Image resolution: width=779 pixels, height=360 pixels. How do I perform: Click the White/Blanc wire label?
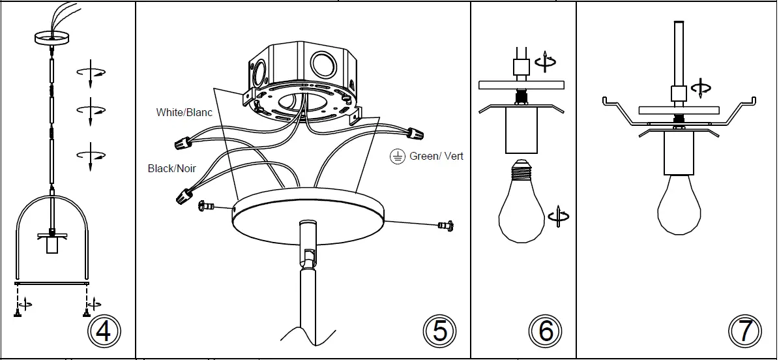click(x=184, y=112)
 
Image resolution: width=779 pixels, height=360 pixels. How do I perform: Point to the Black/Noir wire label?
click(x=172, y=168)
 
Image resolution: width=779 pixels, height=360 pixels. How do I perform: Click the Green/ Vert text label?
click(x=436, y=157)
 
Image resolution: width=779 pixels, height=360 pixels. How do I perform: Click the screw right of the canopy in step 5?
click(x=445, y=226)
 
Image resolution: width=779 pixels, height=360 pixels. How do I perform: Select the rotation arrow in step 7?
click(x=701, y=88)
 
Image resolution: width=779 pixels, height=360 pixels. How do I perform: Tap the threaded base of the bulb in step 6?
click(x=522, y=172)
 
